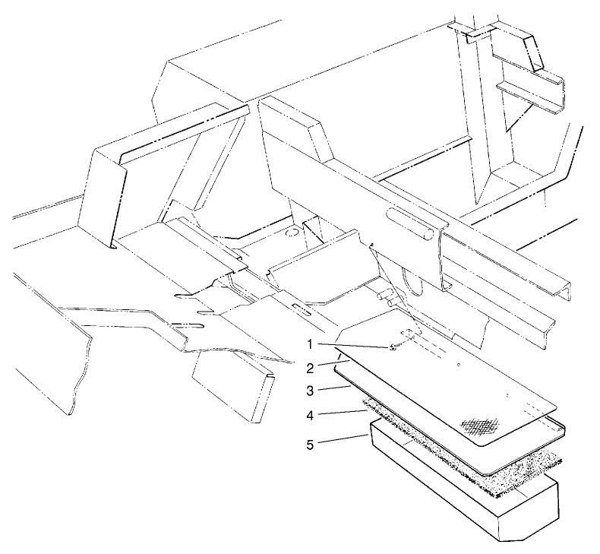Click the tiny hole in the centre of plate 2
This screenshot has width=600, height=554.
pos(459,365)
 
